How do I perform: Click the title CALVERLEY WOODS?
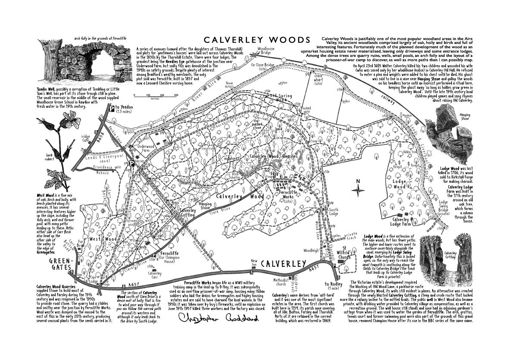(257, 40)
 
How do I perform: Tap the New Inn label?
(254, 263)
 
